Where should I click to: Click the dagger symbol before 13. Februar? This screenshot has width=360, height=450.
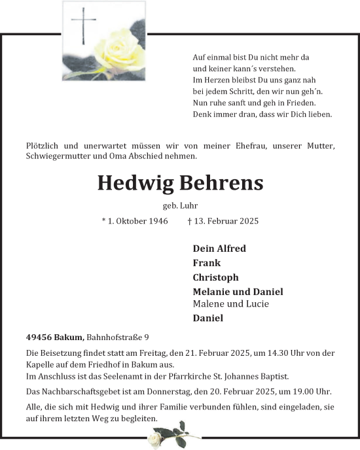click(189, 221)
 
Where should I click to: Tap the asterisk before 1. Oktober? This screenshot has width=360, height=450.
click(104, 220)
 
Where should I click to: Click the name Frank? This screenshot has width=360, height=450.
click(206, 263)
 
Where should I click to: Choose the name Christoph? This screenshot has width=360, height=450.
click(215, 277)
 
